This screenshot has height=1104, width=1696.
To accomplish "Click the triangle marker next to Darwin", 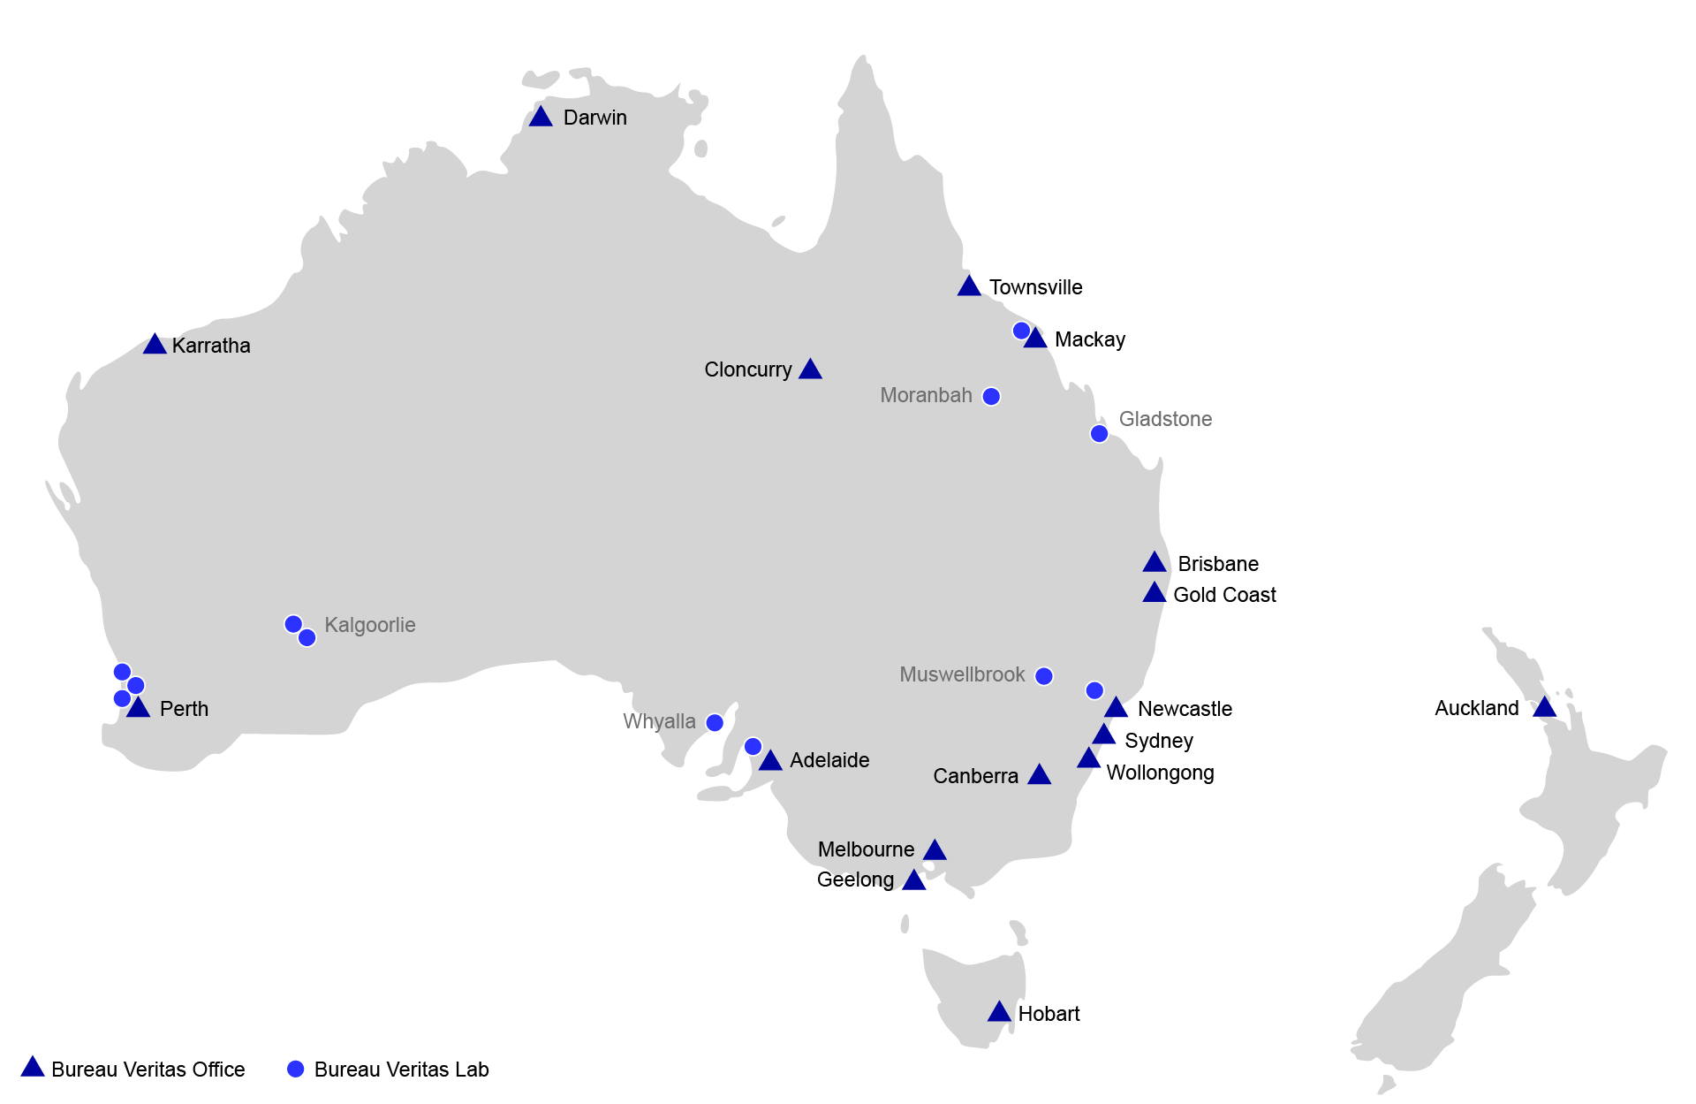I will pos(541,118).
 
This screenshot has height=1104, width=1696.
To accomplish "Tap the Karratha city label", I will pos(211,346).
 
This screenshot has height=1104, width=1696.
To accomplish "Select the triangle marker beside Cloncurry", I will pos(810,370).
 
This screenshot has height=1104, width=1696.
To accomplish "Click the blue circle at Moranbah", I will pos(991,396).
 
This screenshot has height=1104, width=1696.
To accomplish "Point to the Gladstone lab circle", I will pos(1099,433).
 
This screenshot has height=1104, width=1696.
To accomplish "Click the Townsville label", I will pos(1035,287).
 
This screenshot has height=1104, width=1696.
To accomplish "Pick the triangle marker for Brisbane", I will pos(1155,563).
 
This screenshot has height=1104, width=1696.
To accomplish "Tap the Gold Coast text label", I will pos(1224,595).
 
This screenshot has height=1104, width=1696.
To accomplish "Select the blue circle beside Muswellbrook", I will pos(1043,676).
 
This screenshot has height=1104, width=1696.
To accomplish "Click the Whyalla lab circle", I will pos(715,723).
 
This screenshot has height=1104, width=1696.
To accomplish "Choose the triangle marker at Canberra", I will pos(1039,776).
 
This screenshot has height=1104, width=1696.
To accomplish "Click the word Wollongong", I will pos(1160,773).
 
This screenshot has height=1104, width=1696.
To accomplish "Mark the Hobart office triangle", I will pos(999,1013).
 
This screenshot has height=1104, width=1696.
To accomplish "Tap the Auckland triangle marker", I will pos(1544,708).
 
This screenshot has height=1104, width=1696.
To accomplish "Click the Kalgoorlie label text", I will pos(369,625).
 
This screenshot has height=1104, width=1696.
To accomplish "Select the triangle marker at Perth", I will pos(138,708).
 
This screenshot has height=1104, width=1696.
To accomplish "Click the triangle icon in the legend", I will pos(33,1067).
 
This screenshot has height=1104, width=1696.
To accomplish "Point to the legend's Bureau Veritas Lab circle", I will pos(296,1070).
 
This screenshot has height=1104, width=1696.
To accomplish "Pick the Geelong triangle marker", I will pos(914,881).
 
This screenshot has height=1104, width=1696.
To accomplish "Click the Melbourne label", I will pos(866,849).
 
